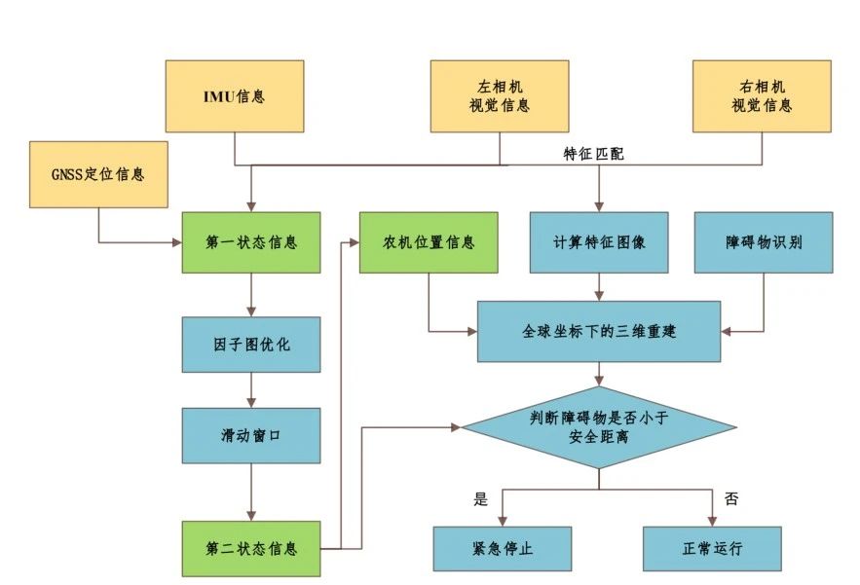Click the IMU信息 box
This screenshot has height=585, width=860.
(234, 96)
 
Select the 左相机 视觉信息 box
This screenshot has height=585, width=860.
(500, 96)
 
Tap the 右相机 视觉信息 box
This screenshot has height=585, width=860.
(762, 96)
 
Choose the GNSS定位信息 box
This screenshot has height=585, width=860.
(98, 174)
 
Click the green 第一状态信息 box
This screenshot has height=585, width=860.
(251, 241)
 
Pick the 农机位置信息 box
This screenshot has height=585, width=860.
(429, 241)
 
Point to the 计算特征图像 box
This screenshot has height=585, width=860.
(599, 241)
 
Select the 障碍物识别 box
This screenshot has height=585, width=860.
(764, 241)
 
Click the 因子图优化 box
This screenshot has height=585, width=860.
(251, 344)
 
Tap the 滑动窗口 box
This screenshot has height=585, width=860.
(251, 435)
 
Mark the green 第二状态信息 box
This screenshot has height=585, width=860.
(251, 549)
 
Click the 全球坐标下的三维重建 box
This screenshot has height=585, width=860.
(599, 331)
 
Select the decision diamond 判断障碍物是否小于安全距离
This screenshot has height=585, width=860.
(599, 427)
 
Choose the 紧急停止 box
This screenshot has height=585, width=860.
(503, 549)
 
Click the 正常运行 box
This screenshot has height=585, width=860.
(712, 549)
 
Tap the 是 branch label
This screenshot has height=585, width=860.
(479, 499)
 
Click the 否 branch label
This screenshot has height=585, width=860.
(732, 499)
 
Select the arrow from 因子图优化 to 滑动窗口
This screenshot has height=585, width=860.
(251, 389)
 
